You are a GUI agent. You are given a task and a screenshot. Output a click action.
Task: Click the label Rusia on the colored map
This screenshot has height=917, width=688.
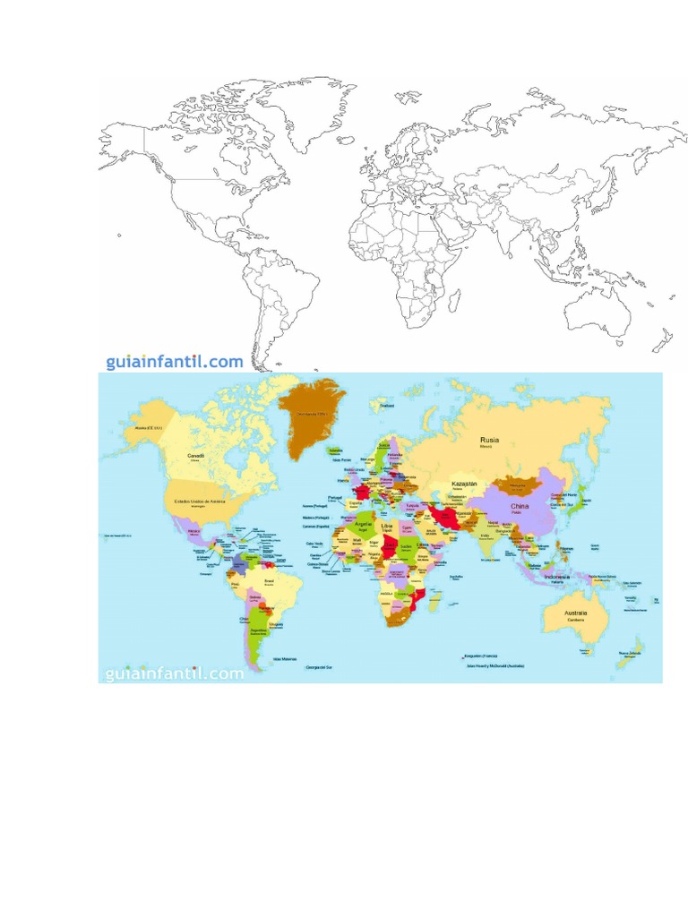489,440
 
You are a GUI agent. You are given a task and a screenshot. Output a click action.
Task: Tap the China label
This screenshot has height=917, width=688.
520,506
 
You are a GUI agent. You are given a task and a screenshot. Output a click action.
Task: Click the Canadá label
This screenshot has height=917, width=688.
196,456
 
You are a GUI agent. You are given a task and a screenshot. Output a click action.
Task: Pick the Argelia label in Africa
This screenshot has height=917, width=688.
362,525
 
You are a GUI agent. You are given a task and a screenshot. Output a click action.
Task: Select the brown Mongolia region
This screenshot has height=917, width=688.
516,486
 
